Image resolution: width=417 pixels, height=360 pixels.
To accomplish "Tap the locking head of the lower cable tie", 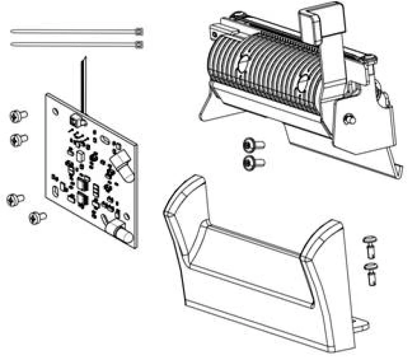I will coord(138,45).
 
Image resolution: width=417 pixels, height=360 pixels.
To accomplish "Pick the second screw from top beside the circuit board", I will coord(19,139).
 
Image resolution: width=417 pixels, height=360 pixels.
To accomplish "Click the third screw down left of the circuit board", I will coord(16,199).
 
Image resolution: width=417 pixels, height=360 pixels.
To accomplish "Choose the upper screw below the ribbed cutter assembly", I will coord(254,145).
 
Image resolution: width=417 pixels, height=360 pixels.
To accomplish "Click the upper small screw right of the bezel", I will coord(371,244).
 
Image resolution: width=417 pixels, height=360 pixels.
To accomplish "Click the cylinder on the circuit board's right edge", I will coord(124,166).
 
